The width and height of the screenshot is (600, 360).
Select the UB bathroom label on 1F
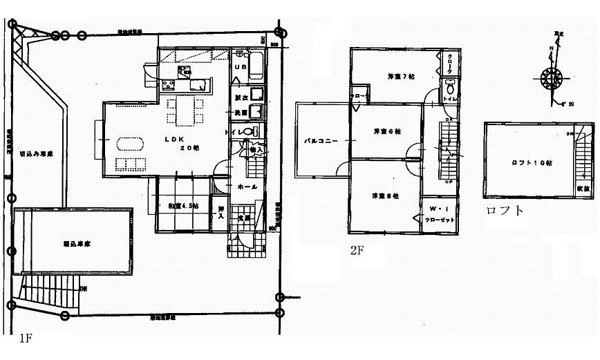click(x=241, y=67)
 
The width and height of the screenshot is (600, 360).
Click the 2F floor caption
click(x=357, y=252)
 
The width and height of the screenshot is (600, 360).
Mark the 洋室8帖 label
click(x=381, y=195)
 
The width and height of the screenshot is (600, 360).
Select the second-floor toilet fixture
click(x=450, y=87)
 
